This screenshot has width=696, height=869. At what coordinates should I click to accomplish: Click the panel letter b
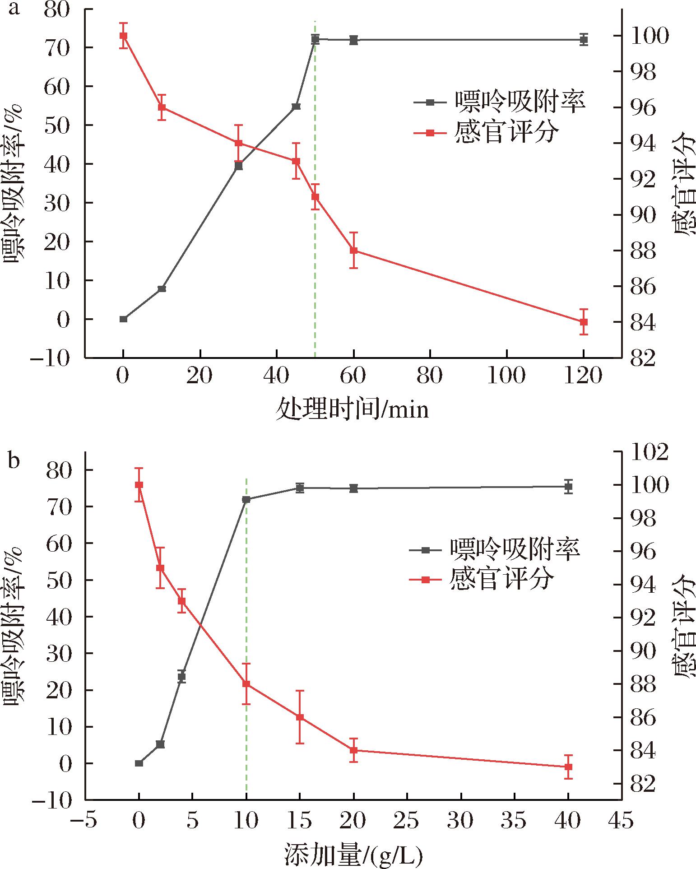coord(14,461)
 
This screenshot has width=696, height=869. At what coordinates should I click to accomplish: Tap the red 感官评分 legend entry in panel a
coord(485,133)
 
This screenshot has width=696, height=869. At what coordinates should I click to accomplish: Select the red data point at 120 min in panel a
coord(584,322)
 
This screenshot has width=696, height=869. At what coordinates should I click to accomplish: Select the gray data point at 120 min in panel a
coord(584,40)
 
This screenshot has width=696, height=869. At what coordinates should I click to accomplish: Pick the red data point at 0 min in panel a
coord(123,36)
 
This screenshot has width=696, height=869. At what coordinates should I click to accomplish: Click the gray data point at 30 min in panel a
coord(239,166)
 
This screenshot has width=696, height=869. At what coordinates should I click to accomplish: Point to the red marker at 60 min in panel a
coord(354,251)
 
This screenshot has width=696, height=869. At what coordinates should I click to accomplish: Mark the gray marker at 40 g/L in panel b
coord(568,487)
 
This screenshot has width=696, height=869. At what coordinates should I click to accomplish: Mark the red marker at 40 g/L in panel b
coord(568,767)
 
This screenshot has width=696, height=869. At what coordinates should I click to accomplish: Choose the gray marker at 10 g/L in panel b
coord(246,499)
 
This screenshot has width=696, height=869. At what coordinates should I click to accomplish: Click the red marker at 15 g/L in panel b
coord(300,717)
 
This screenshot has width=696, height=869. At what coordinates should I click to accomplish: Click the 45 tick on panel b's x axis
coord(622,820)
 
